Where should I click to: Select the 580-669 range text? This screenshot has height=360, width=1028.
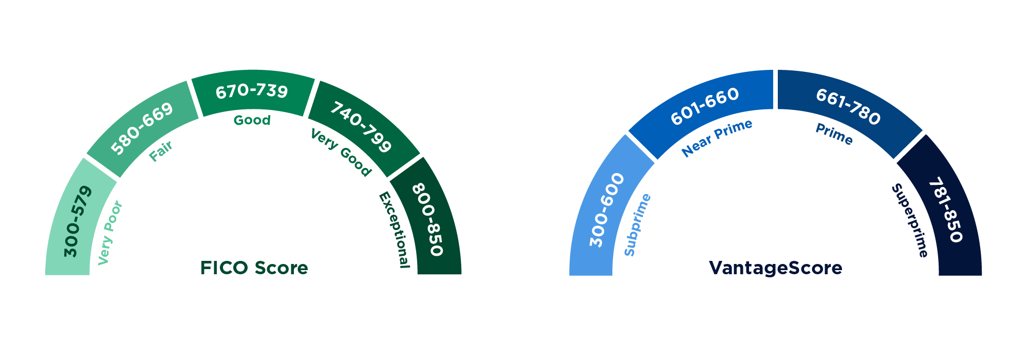tap(142, 128)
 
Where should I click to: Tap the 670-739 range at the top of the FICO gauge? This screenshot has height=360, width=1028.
tap(252, 91)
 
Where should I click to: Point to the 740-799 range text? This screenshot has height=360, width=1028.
tap(361, 127)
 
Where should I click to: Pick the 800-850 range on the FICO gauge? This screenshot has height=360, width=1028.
tap(427, 219)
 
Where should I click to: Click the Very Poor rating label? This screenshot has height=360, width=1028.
tap(110, 233)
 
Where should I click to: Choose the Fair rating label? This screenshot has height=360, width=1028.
tap(161, 151)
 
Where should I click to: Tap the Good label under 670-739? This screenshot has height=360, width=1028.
tap(252, 120)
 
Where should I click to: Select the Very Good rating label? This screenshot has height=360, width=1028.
tap(341, 153)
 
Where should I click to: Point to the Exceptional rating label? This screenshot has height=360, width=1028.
tap(395, 230)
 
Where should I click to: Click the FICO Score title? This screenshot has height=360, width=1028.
tap(254, 268)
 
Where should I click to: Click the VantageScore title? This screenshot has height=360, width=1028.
tap(775, 268)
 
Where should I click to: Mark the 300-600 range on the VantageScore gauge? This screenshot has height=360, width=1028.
tap(606, 210)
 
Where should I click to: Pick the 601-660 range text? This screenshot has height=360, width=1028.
tap(705, 106)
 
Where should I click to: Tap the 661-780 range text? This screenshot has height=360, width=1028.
tap(848, 107)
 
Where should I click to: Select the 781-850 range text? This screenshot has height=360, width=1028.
tap(945, 210)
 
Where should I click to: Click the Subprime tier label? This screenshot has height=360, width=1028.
tap(637, 224)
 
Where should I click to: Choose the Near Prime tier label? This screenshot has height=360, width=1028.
tap(716, 138)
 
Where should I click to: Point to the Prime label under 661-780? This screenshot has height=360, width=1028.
tap(834, 134)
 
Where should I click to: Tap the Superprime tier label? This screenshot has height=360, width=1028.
tap(910, 220)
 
